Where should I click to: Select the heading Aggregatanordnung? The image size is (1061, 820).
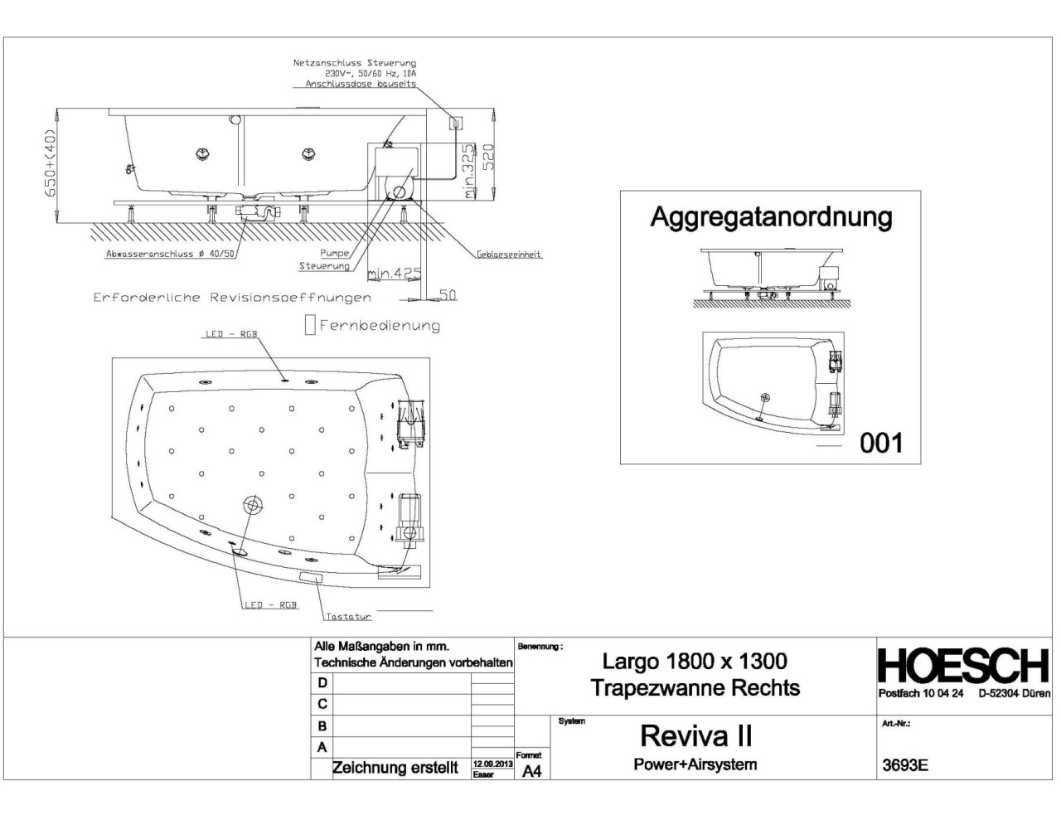pyautogui.click(x=771, y=217)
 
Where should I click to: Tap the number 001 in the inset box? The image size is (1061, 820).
pyautogui.click(x=880, y=443)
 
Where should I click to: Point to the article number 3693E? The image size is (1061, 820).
pyautogui.click(x=905, y=765)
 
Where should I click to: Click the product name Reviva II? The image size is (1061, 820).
pyautogui.click(x=695, y=736)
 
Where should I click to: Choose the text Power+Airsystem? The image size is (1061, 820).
pyautogui.click(x=695, y=764)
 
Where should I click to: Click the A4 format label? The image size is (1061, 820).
pyautogui.click(x=531, y=771)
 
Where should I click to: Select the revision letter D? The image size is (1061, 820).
pyautogui.click(x=322, y=682)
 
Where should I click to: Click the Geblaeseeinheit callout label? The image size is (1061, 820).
pyautogui.click(x=509, y=255)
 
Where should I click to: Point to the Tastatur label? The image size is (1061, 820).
pyautogui.click(x=348, y=617)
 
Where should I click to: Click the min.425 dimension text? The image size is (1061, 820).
pyautogui.click(x=395, y=273)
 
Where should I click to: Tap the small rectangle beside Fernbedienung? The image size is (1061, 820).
pyautogui.click(x=310, y=325)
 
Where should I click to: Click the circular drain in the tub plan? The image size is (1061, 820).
pyautogui.click(x=252, y=505)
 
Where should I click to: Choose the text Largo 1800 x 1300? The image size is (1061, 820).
pyautogui.click(x=695, y=661)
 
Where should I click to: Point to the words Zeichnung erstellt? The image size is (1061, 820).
pyautogui.click(x=395, y=768)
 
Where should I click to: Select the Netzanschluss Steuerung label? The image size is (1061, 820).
pyautogui.click(x=355, y=63)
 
